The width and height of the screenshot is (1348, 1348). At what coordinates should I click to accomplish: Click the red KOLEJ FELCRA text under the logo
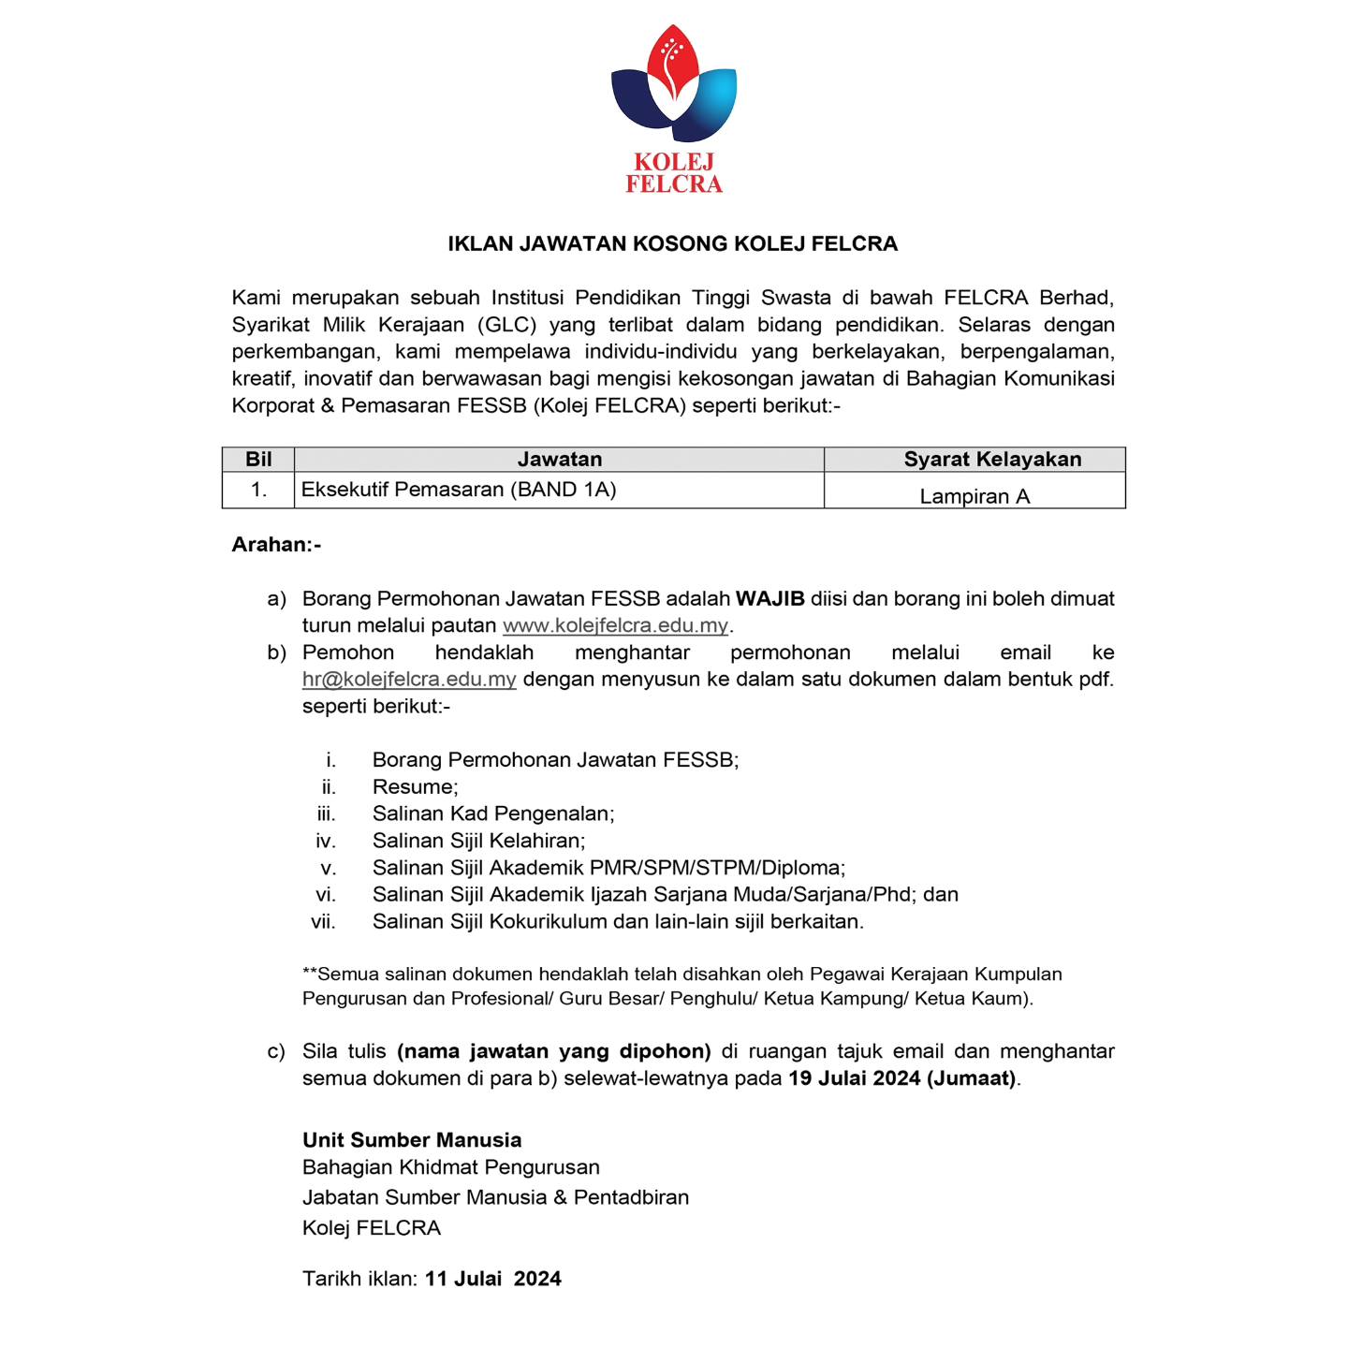(674, 173)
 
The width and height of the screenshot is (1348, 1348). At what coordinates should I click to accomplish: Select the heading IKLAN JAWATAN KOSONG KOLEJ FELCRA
(672, 244)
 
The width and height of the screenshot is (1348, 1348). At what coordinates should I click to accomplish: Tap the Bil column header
(258, 460)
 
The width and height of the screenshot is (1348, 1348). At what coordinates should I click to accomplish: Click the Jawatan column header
(560, 460)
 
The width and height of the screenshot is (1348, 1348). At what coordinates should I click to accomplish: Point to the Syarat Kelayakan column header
(992, 460)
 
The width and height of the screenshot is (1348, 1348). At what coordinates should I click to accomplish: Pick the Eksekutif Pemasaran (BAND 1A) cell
(459, 490)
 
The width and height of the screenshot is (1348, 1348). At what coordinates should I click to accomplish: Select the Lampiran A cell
(974, 496)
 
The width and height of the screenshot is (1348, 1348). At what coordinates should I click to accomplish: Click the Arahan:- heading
(276, 545)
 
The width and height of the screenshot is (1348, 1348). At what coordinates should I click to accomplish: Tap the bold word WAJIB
(769, 599)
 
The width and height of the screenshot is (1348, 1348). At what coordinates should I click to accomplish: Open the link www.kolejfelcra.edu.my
(615, 626)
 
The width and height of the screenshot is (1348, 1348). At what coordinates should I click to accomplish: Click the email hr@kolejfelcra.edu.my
(409, 680)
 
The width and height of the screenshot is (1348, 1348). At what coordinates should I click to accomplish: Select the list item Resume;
(415, 787)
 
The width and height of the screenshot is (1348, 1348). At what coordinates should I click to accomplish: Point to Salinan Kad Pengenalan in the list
(493, 814)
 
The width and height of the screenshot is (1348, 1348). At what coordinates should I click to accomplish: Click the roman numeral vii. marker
(323, 922)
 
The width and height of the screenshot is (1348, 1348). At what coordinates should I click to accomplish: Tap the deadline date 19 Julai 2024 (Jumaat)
(902, 1078)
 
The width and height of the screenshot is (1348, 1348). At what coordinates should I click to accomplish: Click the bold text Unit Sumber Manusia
(412, 1140)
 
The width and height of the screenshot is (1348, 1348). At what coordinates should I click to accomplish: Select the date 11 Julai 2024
(493, 1280)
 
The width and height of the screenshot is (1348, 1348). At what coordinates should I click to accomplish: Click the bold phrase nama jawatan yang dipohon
(554, 1051)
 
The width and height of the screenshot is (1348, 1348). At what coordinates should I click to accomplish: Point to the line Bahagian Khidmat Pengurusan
(451, 1167)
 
